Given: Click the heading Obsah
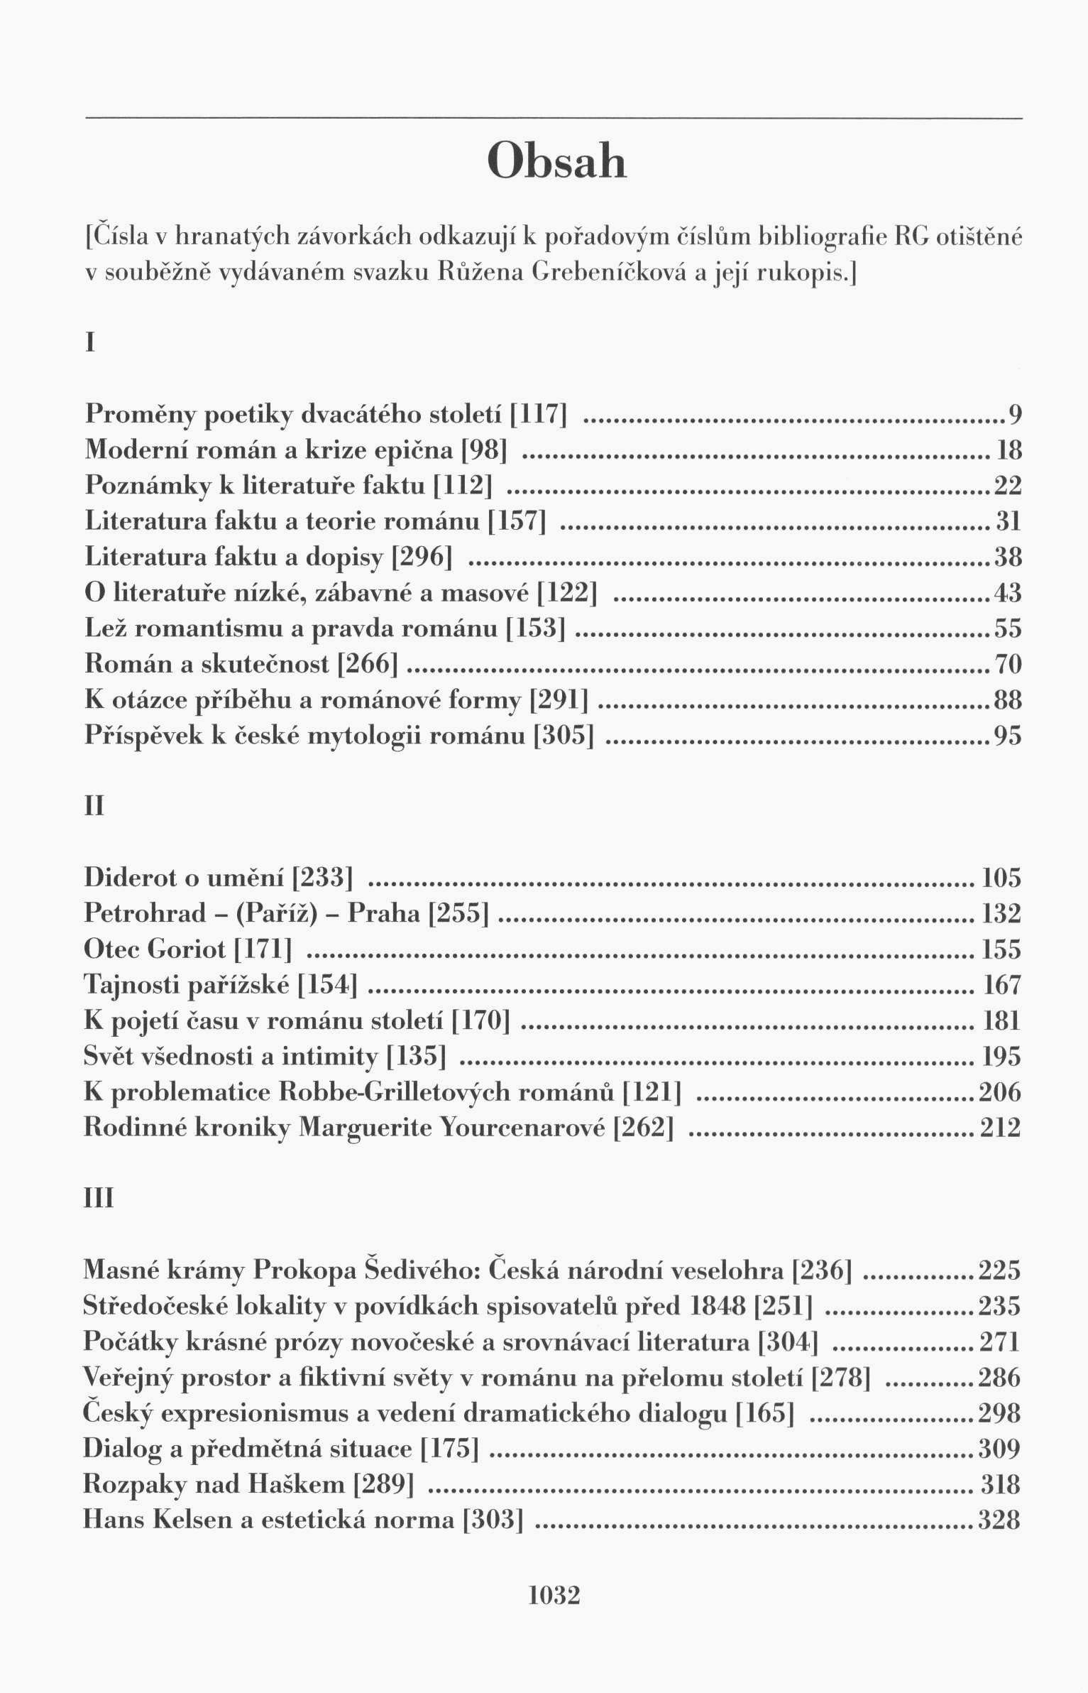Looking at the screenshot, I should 558,161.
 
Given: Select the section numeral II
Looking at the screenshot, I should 94,807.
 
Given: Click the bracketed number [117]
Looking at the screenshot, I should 539,414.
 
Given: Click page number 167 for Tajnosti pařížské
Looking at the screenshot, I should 1002,986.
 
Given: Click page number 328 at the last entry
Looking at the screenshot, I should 999,1520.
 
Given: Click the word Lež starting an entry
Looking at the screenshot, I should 105,628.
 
